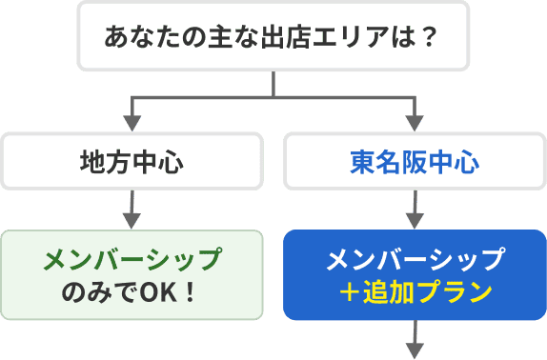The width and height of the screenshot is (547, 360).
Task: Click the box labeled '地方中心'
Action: [132, 161]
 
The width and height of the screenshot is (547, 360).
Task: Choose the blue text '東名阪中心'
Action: [414, 161]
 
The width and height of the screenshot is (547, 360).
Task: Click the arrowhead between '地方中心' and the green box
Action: [132, 215]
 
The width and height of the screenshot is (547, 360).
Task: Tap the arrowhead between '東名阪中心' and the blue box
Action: [414, 215]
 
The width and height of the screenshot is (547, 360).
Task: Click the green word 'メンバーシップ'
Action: [132, 259]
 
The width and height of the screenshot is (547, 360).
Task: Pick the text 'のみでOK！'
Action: [132, 289]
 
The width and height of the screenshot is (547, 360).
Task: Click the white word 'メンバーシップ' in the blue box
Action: [414, 259]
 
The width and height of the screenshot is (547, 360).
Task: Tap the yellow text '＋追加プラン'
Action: [414, 290]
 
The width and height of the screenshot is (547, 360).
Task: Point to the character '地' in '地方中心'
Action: [91, 161]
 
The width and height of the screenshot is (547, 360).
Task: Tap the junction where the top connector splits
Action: [273, 97]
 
